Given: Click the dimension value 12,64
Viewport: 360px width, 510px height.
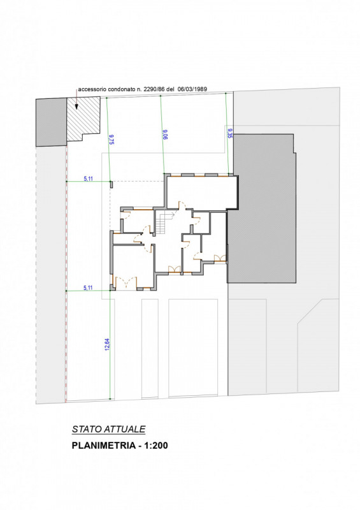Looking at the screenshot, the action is tap(107, 345).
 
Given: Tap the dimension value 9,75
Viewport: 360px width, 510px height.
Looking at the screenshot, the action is tap(111, 139).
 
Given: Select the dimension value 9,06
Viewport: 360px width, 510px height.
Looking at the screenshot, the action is tap(165, 135).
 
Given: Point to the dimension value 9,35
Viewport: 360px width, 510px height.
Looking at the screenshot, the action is tap(230, 133).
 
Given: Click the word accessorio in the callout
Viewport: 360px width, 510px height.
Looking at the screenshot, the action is tap(92, 89).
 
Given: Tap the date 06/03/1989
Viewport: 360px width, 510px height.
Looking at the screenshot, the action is tap(192, 89).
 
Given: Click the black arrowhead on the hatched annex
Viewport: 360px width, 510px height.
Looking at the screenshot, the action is tap(76, 106).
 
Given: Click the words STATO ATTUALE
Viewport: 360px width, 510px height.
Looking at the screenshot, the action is tap(108, 429).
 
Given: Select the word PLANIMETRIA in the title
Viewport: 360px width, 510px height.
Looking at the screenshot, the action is tap(103, 445).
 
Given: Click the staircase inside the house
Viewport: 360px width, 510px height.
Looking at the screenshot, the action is tap(162, 222).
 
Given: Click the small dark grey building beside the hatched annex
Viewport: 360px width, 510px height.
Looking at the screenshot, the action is tap(51, 122).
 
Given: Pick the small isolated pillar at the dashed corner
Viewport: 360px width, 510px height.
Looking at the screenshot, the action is tap(111, 185).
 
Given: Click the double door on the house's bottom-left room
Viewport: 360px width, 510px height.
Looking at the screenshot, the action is tap(126, 282).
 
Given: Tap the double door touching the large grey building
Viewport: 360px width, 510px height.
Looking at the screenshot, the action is tap(220, 258).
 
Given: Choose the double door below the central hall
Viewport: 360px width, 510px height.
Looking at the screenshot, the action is tap(175, 269).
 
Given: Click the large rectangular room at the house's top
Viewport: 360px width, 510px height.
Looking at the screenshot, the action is tap(201, 193).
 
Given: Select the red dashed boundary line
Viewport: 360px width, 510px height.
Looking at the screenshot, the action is tap(66, 274).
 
